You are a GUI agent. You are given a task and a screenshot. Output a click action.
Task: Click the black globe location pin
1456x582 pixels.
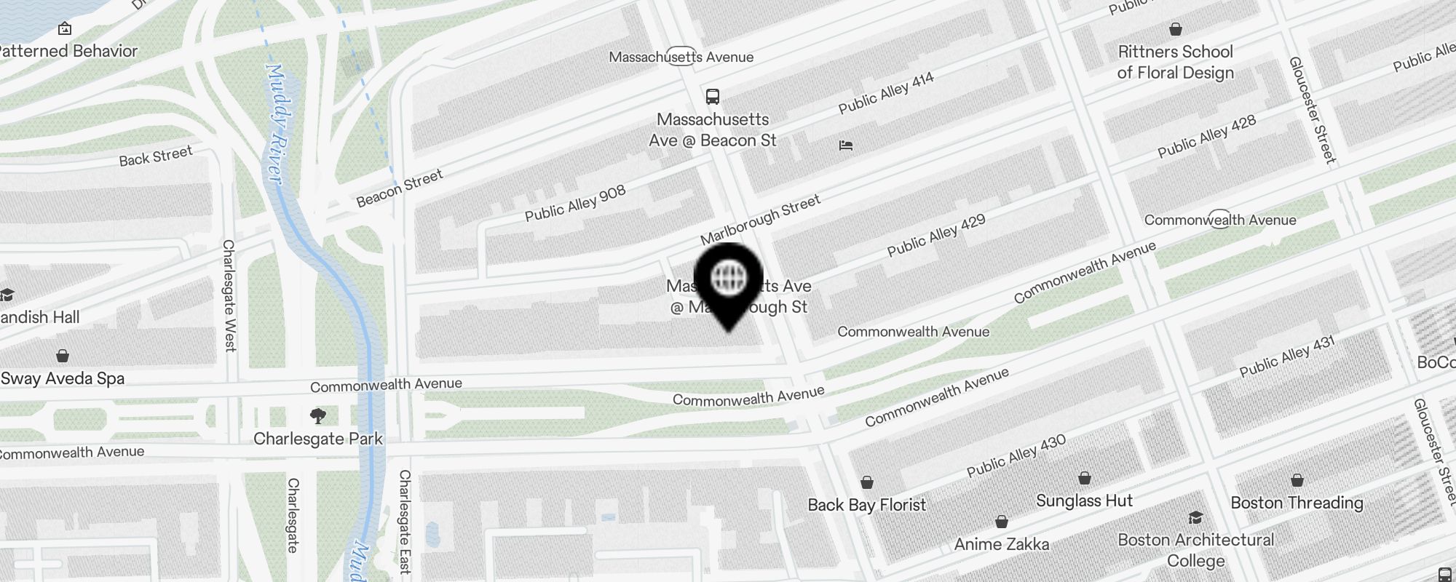pyautogui.click(x=728, y=280)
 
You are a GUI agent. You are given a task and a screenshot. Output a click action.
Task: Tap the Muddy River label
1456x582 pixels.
pyautogui.click(x=275, y=124)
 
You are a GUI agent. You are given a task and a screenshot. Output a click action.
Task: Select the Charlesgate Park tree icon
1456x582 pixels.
pyautogui.click(x=318, y=416)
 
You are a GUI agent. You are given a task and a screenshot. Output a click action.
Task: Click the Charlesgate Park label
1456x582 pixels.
pyautogui.click(x=318, y=439)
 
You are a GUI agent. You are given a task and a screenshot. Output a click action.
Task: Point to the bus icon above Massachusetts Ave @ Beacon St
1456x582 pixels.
pyautogui.click(x=713, y=96)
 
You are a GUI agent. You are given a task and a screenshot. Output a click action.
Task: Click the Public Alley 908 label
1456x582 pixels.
pyautogui.click(x=575, y=203)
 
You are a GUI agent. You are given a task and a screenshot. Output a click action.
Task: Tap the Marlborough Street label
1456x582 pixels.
pyautogui.click(x=760, y=219)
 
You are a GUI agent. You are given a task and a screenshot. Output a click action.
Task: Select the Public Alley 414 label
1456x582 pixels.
pyautogui.click(x=886, y=93)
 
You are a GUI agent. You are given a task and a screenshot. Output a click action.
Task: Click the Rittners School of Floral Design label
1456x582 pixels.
pyautogui.click(x=1175, y=62)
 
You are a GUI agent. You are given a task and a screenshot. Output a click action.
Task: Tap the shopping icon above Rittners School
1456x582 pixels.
pyautogui.click(x=1175, y=29)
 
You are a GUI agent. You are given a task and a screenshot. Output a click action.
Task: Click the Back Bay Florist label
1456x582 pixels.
pyautogui.click(x=866, y=505)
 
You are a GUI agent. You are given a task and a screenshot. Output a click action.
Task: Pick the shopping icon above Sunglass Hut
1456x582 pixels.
pyautogui.click(x=1084, y=478)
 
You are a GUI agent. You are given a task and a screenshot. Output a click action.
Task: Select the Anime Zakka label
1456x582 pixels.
pyautogui.click(x=1002, y=544)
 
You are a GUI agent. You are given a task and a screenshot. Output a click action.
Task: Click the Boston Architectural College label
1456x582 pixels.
pyautogui.click(x=1195, y=550)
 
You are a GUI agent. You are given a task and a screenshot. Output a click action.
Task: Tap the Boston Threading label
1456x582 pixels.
pyautogui.click(x=1297, y=503)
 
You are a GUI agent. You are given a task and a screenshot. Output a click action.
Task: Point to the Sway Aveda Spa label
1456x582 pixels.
pyautogui.click(x=63, y=378)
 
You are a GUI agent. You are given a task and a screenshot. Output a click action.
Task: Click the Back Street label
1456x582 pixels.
pyautogui.click(x=156, y=156)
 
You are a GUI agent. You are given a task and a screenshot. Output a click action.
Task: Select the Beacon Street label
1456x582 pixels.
pyautogui.click(x=400, y=188)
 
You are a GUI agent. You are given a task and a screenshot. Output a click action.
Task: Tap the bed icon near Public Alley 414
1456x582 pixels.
pyautogui.click(x=845, y=145)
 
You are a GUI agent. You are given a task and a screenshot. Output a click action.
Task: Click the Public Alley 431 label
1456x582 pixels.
pyautogui.click(x=1287, y=356)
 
